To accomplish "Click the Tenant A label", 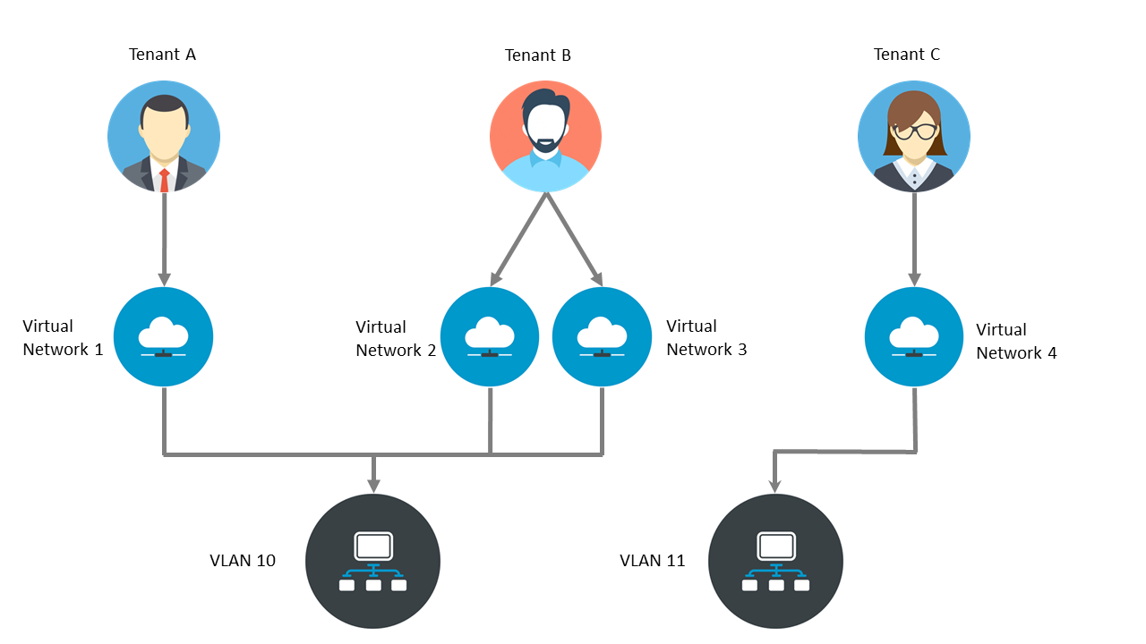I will [x=162, y=55].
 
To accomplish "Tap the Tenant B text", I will [x=537, y=55].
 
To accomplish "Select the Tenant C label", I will [x=906, y=55].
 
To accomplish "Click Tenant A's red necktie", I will [x=164, y=179].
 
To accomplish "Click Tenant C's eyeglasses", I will [x=914, y=131].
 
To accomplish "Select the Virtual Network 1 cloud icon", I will [x=164, y=337].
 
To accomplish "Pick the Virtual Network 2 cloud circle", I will [x=490, y=337].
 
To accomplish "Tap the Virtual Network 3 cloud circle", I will [x=602, y=337].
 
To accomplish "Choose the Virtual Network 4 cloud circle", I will [x=913, y=337].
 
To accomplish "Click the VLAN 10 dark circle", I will [x=372, y=561].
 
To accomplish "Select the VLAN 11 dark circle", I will [x=775, y=561].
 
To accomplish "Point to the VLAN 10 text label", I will [x=243, y=561].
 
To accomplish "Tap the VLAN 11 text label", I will [x=652, y=561].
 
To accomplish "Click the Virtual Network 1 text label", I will [x=63, y=338].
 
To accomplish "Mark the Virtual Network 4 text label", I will [x=1016, y=342].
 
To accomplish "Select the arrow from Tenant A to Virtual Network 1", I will [x=164, y=237].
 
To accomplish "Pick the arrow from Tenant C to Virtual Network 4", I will [x=914, y=237].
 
